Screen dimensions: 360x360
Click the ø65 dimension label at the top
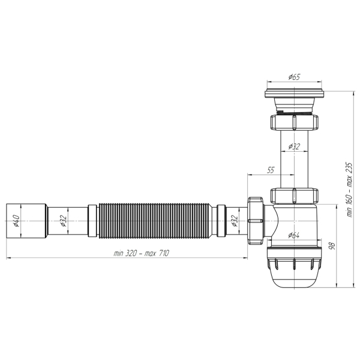coord(294,77)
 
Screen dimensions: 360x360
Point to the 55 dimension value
coord(270,170)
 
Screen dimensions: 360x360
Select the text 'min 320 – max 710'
coord(141,254)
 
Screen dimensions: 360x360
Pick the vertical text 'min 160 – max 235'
coord(349,188)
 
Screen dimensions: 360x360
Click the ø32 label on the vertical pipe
coord(294,146)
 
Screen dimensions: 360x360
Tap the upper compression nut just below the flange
coord(293,123)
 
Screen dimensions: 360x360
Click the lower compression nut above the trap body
coord(293,196)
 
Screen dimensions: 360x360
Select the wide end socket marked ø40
coord(27,220)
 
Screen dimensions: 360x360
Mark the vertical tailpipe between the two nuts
coord(293,159)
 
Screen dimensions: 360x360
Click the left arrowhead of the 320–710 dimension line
coord(8,259)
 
